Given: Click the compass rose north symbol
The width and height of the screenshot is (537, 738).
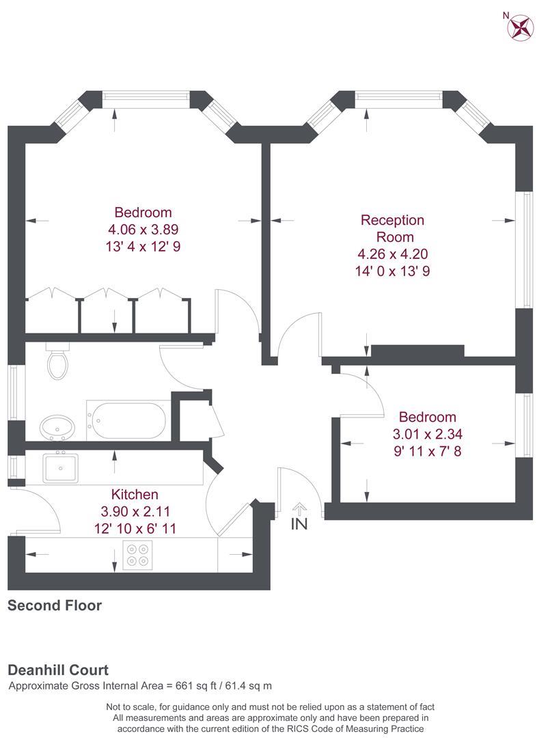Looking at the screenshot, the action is [520, 27].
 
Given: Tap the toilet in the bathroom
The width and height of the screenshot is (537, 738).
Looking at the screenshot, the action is [58, 361].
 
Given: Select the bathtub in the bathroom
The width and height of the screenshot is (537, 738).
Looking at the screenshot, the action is [128, 420].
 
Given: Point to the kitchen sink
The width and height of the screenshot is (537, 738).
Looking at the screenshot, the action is [60, 467].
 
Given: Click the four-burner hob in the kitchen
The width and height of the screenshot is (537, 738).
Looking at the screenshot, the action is [138, 555].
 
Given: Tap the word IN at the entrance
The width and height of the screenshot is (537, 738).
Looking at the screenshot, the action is [299, 523].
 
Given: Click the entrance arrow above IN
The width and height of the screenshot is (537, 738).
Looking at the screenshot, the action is [299, 509].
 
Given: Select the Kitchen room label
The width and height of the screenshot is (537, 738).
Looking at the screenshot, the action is [135, 494].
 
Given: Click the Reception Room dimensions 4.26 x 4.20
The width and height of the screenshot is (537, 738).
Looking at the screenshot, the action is [393, 254].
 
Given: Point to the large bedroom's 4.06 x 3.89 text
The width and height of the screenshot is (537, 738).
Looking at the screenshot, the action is [143, 230].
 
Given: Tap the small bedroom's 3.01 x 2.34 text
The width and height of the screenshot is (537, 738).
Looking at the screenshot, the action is [427, 434].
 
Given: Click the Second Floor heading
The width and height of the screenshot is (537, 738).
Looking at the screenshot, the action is [55, 605].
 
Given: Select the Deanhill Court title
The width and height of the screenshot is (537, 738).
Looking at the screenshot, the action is [58, 670].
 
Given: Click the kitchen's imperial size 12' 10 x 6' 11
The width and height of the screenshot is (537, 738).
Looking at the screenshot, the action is [135, 528].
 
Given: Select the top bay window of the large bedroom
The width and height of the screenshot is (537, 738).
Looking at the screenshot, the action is [146, 99].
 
